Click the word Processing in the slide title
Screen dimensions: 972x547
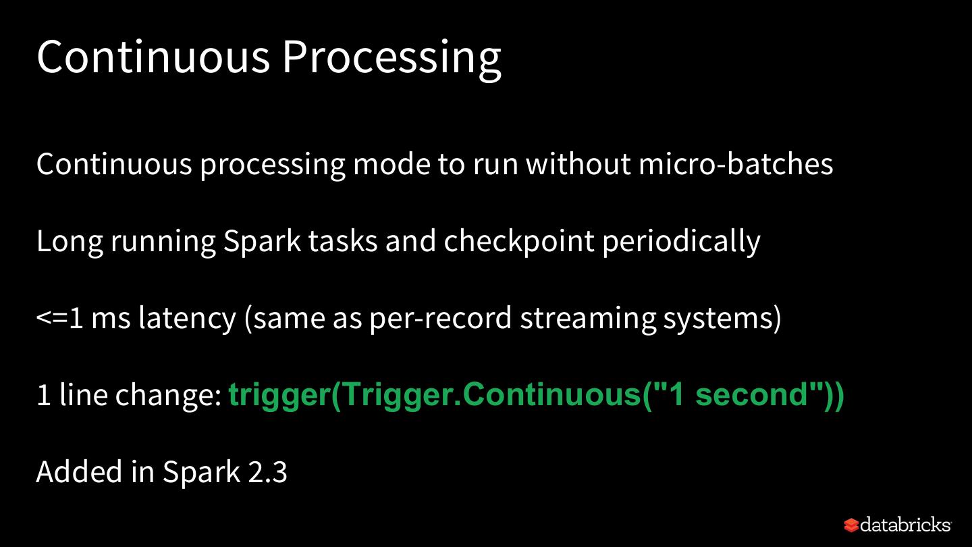(391, 58)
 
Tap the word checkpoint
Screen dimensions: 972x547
(518, 241)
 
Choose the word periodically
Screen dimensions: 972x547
(681, 241)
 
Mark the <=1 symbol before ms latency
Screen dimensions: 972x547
(59, 318)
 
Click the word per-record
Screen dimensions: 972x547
(440, 318)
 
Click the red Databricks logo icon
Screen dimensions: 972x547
(850, 525)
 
